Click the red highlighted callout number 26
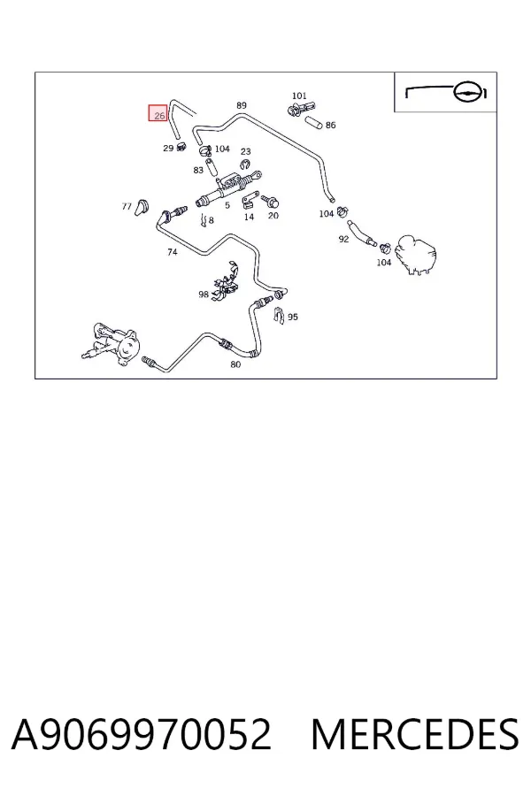click(159, 115)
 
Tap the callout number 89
click(242, 105)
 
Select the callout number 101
click(299, 96)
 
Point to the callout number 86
click(330, 125)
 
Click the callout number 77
click(127, 206)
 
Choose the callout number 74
click(173, 252)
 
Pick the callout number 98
click(204, 294)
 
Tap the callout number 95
click(293, 317)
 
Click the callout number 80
click(235, 364)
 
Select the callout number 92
click(343, 239)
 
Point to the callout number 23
click(245, 151)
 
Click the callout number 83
click(198, 170)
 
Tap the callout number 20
click(273, 215)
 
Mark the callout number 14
click(249, 217)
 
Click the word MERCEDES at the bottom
click(415, 734)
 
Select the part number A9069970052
click(142, 734)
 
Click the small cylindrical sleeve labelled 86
click(313, 122)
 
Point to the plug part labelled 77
click(142, 207)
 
